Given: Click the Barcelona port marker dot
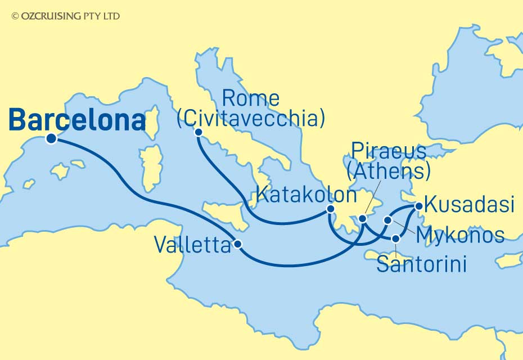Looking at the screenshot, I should pyautogui.click(x=51, y=139).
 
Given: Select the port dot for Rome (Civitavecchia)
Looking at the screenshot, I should pyautogui.click(x=198, y=132).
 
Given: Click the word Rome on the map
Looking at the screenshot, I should pyautogui.click(x=251, y=98).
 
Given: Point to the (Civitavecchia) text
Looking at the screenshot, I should pyautogui.click(x=251, y=119).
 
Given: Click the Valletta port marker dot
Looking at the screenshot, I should pyautogui.click(x=238, y=244).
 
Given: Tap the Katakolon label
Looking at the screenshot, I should pyautogui.click(x=305, y=195).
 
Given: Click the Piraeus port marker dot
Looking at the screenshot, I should pyautogui.click(x=363, y=218).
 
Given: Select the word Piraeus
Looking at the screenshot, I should pyautogui.click(x=388, y=150).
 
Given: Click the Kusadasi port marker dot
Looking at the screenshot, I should pyautogui.click(x=418, y=206).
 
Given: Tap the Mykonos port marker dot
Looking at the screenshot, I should pyautogui.click(x=387, y=220).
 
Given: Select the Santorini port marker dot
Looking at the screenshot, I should pyautogui.click(x=396, y=239).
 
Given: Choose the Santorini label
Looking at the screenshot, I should pyautogui.click(x=421, y=264).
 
